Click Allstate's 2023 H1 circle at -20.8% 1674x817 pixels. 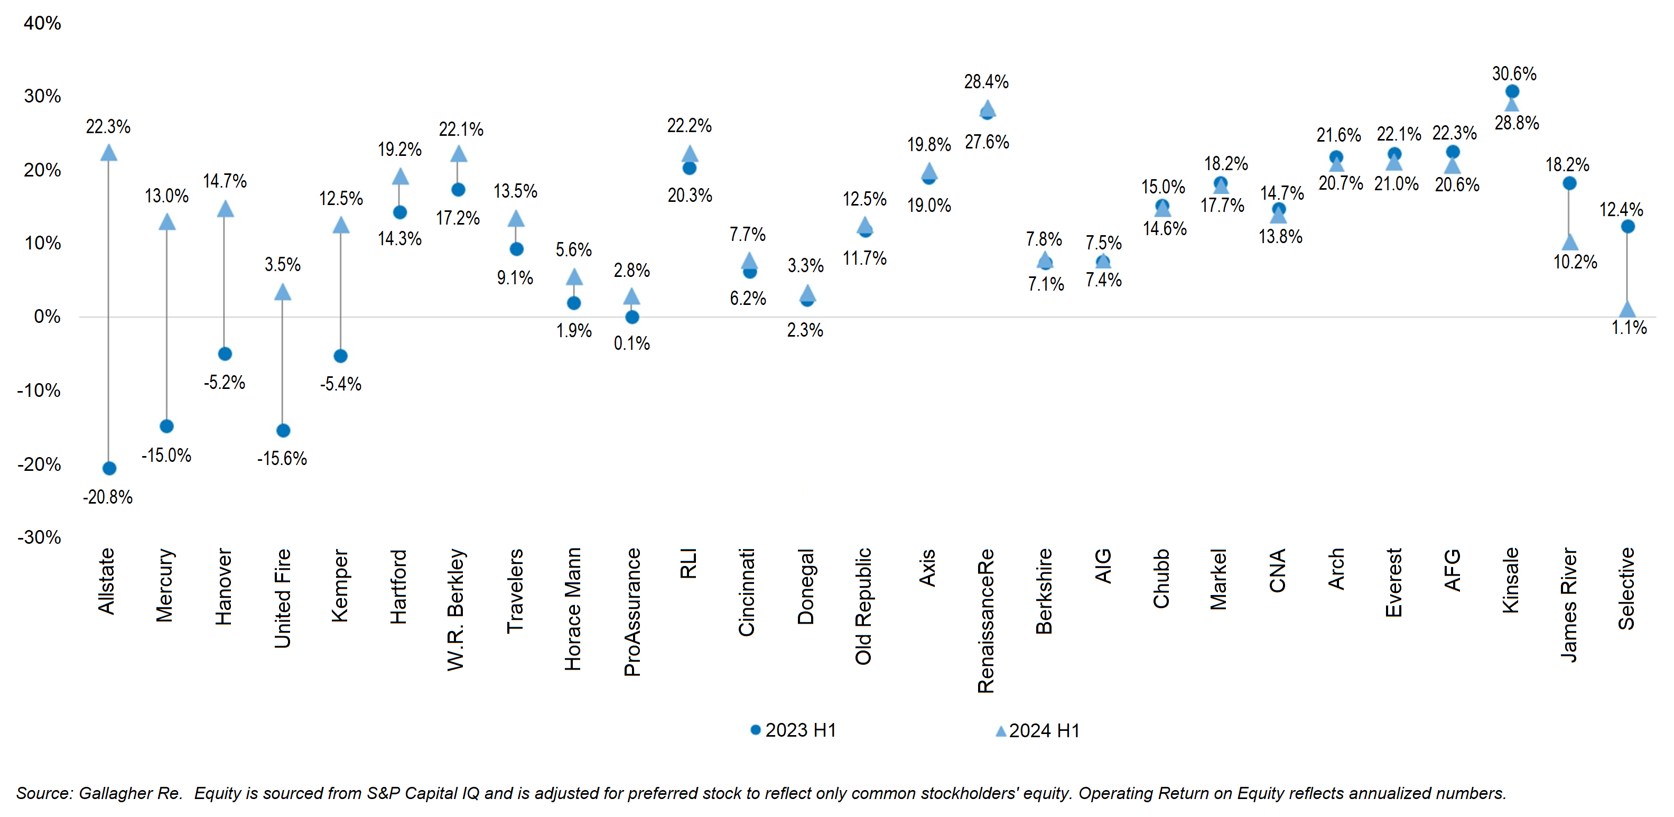(x=109, y=468)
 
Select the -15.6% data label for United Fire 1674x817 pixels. (x=282, y=458)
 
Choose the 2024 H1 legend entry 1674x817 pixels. (x=1038, y=730)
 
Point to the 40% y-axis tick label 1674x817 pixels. (x=42, y=23)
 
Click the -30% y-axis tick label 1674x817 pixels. (x=40, y=537)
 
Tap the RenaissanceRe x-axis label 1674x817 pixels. (x=986, y=621)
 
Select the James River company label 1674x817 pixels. (x=1569, y=605)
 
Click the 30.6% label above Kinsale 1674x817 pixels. (x=1514, y=73)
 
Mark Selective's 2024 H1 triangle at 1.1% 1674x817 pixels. (x=1627, y=309)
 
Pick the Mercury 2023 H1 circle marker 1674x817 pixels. (x=166, y=426)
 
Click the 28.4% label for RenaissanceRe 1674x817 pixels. (x=986, y=82)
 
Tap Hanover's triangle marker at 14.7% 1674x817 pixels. (x=225, y=209)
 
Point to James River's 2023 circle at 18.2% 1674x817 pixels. (x=1569, y=183)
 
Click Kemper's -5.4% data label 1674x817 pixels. (x=340, y=384)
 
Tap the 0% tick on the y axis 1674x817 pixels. (x=47, y=317)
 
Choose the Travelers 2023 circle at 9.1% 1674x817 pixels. (x=517, y=249)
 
